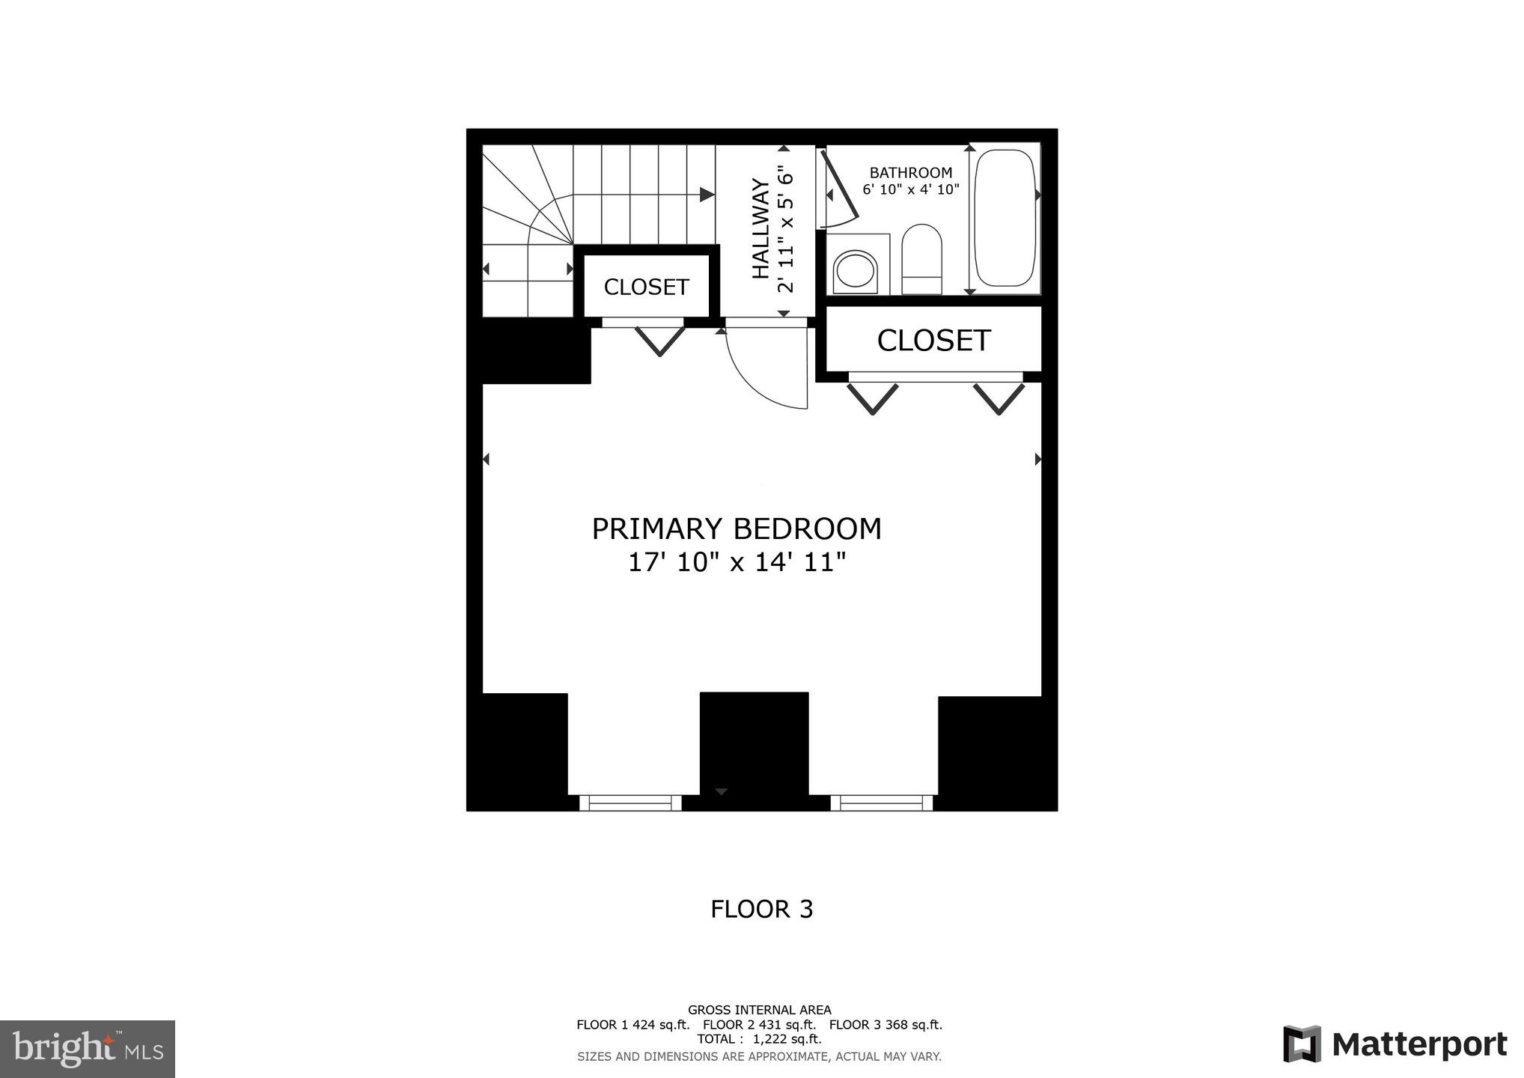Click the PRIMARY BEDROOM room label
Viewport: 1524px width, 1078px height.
tap(737, 529)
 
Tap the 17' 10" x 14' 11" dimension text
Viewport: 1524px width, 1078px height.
tap(737, 562)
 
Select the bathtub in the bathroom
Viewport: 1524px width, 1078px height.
tap(1005, 218)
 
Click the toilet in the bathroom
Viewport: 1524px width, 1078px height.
tap(921, 259)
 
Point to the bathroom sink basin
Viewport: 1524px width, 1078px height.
tap(856, 270)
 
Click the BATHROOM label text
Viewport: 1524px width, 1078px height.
tap(910, 173)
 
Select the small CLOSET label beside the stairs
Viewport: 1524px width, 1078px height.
tap(646, 287)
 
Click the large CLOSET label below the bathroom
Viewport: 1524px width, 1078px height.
tap(933, 341)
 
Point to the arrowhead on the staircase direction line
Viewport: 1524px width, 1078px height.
tap(707, 195)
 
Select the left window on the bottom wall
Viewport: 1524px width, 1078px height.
tap(630, 803)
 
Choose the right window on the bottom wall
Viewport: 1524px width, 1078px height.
tap(882, 803)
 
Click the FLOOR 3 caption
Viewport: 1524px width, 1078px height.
tap(761, 909)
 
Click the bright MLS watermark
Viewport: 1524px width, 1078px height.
tap(88, 1049)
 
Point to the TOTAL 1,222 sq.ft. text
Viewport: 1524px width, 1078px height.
tap(759, 1039)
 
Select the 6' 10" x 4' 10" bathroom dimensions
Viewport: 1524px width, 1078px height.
tap(910, 190)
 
